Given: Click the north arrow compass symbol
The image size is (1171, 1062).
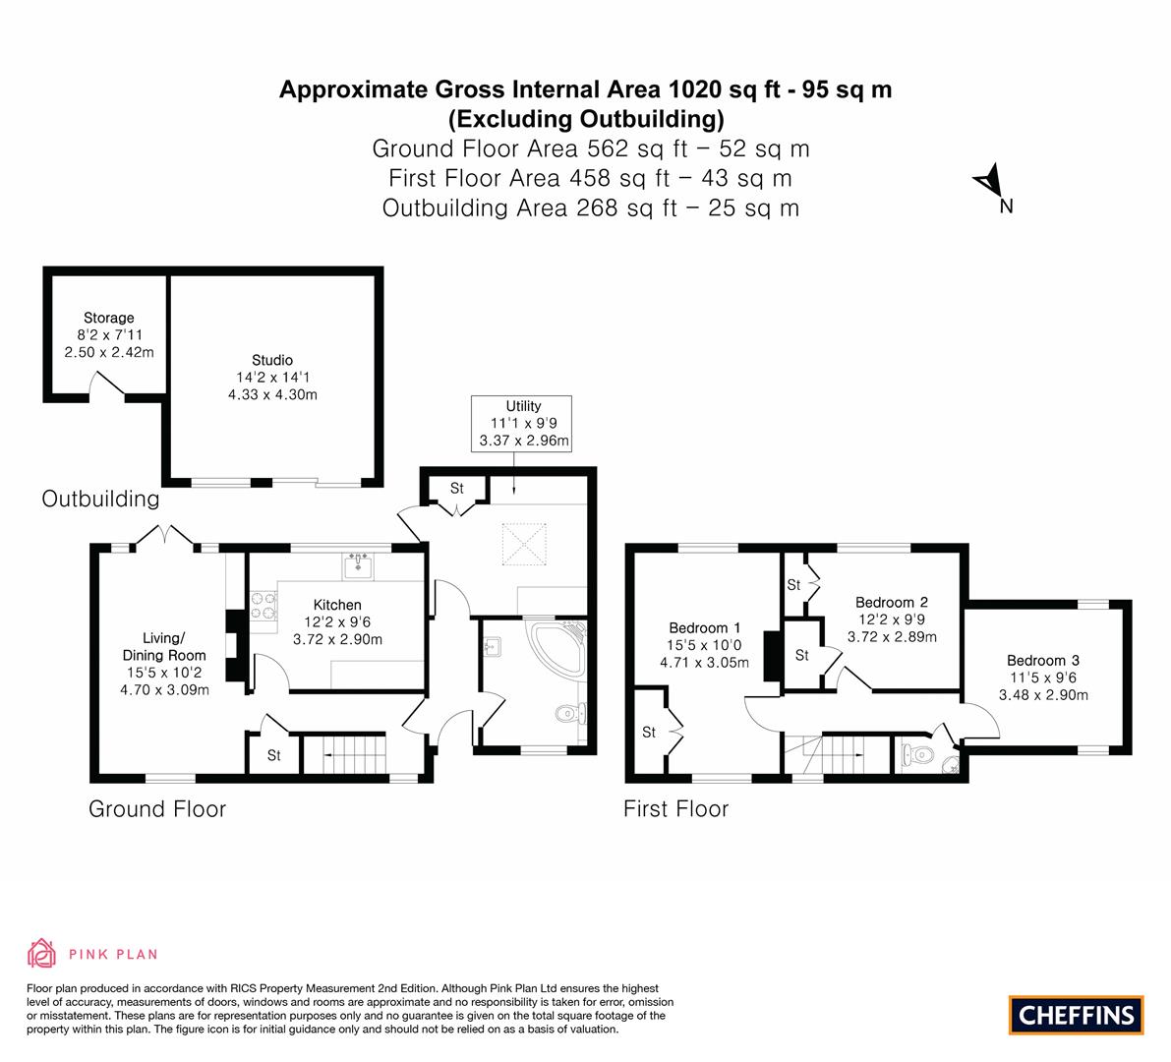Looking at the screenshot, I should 988,183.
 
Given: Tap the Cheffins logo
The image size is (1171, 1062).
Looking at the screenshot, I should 1076,1014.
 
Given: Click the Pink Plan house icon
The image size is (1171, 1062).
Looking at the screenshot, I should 41,953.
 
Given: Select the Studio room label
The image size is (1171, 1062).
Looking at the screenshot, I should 271,360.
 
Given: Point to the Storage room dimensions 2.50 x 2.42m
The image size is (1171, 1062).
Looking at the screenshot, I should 109,351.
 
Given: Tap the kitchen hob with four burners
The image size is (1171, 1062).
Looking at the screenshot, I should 263,605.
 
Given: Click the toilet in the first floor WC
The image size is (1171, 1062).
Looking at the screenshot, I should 917,755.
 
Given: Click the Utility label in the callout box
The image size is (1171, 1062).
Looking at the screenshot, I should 523,405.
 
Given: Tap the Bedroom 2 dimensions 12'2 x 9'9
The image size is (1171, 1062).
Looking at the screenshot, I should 891,619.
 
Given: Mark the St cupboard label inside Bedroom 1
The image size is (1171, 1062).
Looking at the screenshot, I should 649,733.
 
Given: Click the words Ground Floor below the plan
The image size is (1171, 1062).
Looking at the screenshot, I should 157,809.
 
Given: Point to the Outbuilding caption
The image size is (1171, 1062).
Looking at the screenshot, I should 100,500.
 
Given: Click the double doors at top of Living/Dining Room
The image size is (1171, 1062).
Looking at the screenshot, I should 163,537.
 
